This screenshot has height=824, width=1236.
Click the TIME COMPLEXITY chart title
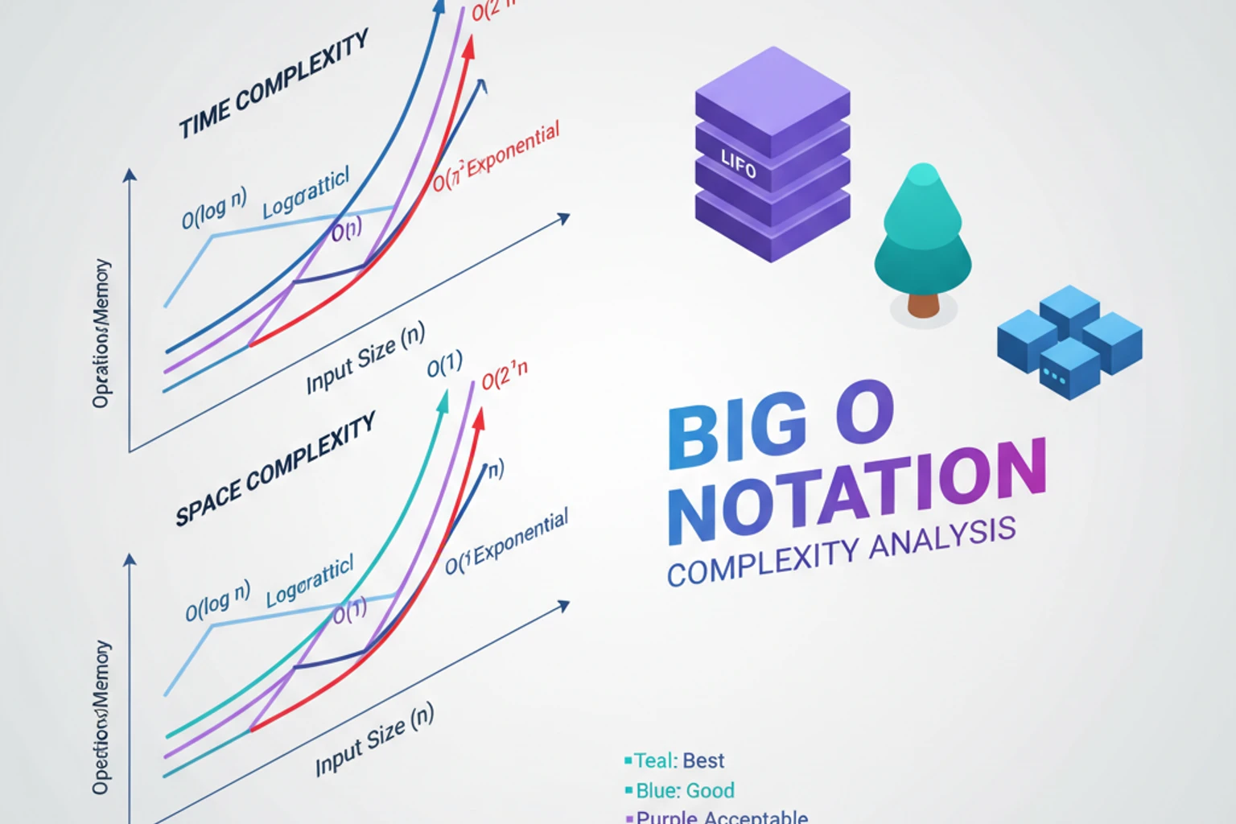click(273, 84)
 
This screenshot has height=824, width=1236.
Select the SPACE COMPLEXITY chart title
click(275, 470)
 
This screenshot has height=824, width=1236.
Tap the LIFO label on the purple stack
click(738, 165)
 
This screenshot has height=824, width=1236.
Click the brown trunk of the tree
click(923, 304)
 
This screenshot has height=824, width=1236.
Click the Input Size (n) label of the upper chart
click(365, 357)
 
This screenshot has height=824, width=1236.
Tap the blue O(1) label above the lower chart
click(444, 365)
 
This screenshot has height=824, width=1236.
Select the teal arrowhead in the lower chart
click(442, 401)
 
